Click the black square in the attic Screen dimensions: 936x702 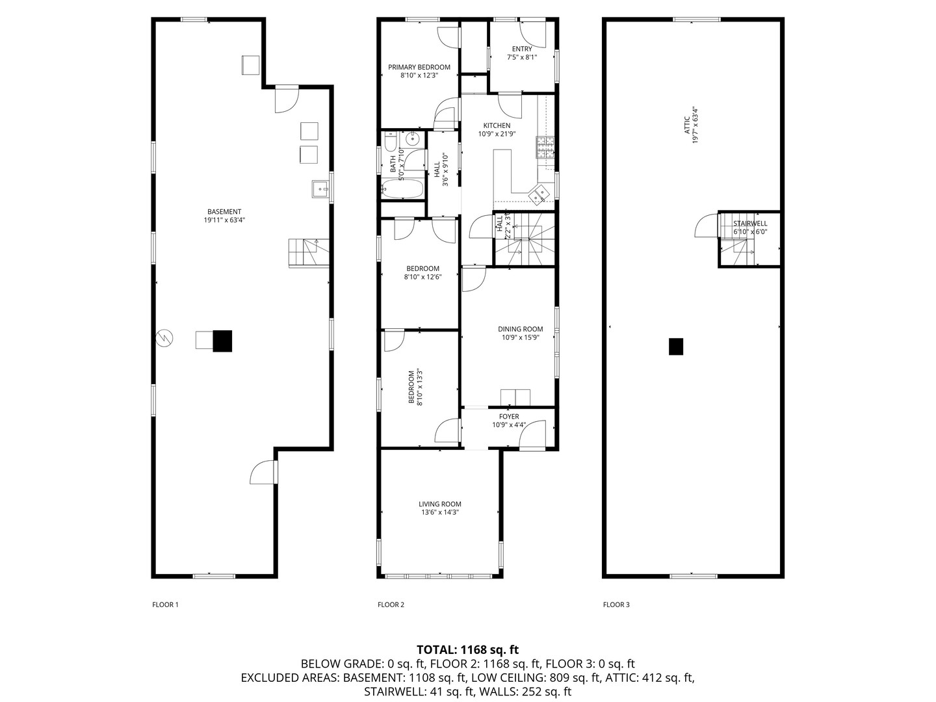676,346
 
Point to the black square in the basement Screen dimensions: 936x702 222,341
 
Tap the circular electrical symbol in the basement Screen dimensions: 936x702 164,338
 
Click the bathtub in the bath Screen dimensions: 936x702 402,188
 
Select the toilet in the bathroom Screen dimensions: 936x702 390,142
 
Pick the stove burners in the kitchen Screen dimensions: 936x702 545,148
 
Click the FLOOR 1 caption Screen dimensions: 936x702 166,604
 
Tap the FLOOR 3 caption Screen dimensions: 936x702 616,604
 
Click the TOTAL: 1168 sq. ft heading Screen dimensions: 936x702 468,649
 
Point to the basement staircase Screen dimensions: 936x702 309,253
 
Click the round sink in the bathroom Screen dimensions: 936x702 412,138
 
